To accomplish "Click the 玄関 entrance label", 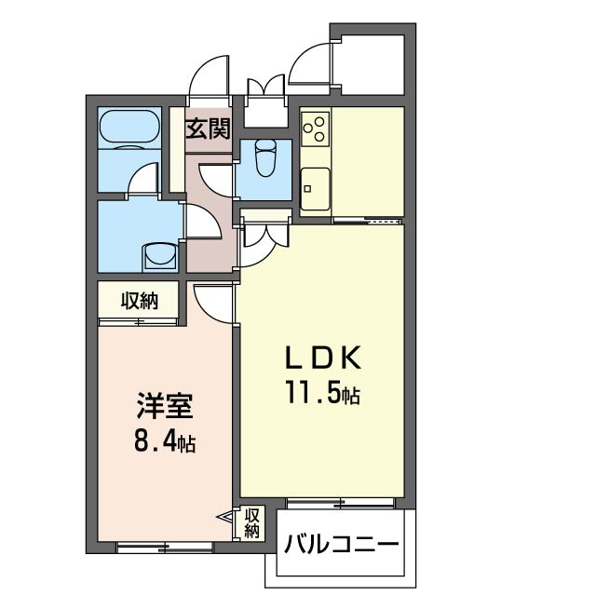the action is tap(209, 129).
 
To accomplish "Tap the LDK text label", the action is tap(323, 358).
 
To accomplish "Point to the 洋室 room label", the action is tap(165, 406).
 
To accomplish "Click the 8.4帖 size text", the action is tap(165, 441).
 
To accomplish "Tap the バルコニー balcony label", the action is tap(341, 544).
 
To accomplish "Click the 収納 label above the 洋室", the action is tap(139, 301).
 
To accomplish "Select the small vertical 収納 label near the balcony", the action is tap(251, 522).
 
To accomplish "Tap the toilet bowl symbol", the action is tap(265, 157).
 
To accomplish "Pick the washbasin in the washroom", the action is tap(159, 257).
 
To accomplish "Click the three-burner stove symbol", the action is tap(315, 129).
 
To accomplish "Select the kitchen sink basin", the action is tap(315, 189).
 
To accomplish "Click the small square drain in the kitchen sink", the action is tap(307, 189).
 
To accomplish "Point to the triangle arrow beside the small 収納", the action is tap(224, 518).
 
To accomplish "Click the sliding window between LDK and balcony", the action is tap(341, 503).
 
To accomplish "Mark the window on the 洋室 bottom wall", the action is tap(165, 548).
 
